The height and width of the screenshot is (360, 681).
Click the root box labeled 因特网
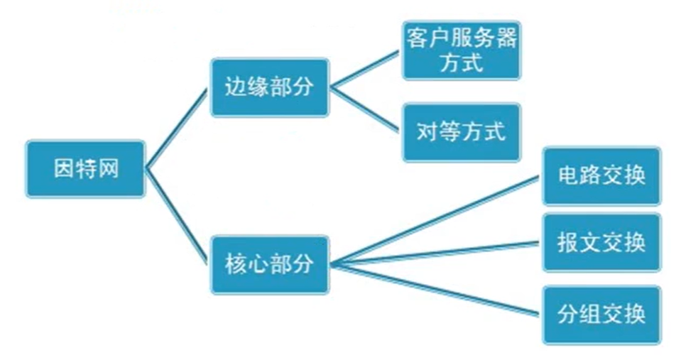coord(86,169)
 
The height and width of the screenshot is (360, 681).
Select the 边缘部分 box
coord(270,87)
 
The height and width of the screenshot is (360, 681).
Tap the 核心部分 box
coord(270,265)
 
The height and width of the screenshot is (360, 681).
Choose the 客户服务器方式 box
coord(461,50)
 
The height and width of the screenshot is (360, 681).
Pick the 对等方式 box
coord(461,132)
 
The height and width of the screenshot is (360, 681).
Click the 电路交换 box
coord(601,176)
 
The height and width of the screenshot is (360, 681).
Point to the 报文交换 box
coord(601,242)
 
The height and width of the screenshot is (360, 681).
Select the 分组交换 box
coord(601,315)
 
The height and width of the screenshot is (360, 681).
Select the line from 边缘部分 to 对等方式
coord(366,111)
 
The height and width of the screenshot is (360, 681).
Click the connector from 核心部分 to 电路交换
coord(437,221)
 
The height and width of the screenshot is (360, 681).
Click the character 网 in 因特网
coord(109,169)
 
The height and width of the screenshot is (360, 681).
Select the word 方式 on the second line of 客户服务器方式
coord(461,62)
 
